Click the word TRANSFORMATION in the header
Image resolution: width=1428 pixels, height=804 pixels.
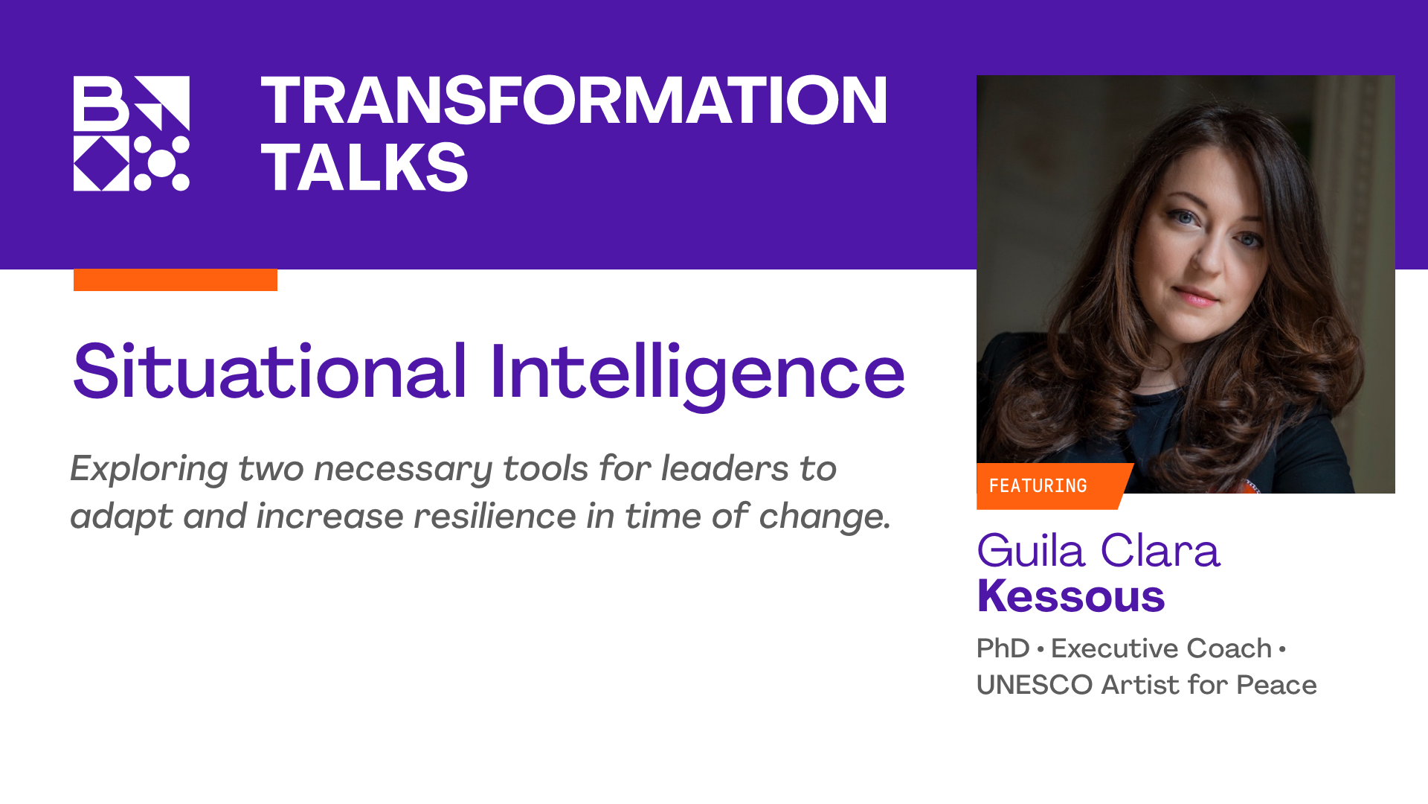click(573, 100)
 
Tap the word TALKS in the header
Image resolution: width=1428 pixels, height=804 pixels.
click(364, 167)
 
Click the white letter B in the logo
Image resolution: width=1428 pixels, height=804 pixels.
click(100, 103)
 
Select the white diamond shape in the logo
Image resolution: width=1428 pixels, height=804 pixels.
click(101, 163)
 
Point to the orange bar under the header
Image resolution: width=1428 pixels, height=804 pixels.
click(175, 280)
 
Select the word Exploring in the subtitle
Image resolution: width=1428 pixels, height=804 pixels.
click(149, 470)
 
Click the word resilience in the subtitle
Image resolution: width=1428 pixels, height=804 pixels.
click(494, 517)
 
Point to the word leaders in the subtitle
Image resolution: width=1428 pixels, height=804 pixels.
click(724, 469)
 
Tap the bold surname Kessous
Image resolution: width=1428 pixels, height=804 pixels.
click(1070, 596)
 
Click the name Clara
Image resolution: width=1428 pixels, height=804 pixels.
click(1160, 552)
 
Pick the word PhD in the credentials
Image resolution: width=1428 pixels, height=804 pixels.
click(1003, 648)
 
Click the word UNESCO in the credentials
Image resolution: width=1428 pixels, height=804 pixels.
click(1034, 685)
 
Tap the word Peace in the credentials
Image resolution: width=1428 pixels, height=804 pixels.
click(1276, 685)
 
